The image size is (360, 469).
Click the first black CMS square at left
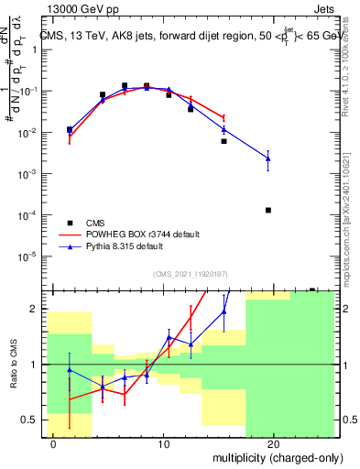click(x=70, y=130)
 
